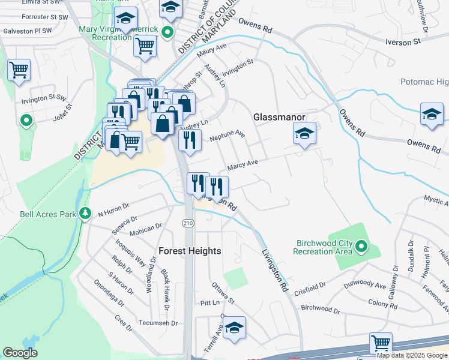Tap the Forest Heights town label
click(x=190, y=251)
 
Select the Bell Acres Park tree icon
click(x=86, y=213)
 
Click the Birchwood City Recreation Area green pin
click(x=361, y=246)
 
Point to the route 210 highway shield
click(x=188, y=223)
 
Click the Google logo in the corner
click(x=20, y=353)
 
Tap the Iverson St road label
click(x=403, y=42)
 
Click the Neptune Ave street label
click(x=228, y=136)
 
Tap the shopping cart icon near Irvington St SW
click(x=19, y=70)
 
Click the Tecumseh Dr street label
click(x=158, y=323)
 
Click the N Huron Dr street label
click(x=113, y=209)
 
